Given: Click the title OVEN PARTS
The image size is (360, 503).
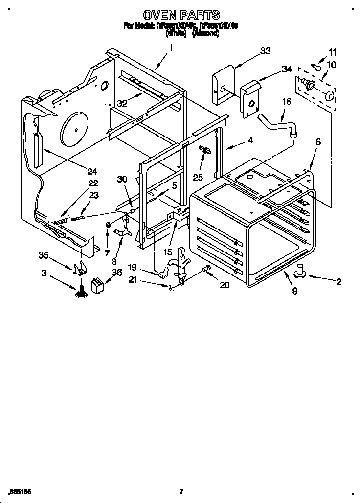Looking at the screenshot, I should pyautogui.click(x=180, y=15).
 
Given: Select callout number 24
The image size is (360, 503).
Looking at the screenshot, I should pyautogui.click(x=92, y=171).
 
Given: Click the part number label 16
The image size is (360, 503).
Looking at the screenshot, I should pyautogui.click(x=286, y=102).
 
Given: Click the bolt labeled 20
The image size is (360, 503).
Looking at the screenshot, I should pyautogui.click(x=206, y=269).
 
